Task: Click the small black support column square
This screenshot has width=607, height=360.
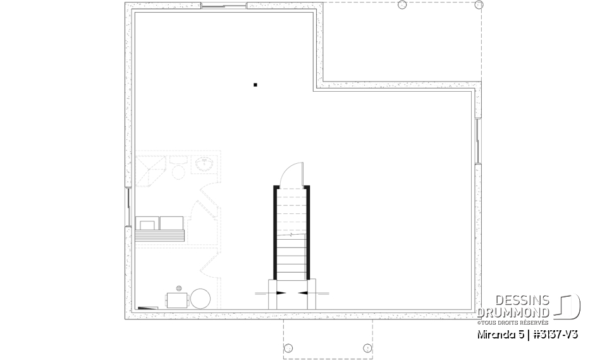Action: tap(255, 84)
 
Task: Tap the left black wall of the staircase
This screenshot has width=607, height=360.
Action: tap(275, 232)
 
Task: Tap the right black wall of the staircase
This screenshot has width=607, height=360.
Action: tap(309, 232)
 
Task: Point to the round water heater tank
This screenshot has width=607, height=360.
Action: tap(201, 298)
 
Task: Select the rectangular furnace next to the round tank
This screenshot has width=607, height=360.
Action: tap(177, 299)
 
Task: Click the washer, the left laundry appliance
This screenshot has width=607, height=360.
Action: tap(147, 223)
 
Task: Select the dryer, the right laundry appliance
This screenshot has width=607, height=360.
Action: tap(171, 223)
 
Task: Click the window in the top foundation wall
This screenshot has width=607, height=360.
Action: tap(223, 7)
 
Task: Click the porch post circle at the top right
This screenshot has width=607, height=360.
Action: tap(402, 5)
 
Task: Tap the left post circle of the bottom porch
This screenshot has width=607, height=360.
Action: tap(289, 348)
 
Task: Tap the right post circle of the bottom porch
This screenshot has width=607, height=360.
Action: tap(367, 348)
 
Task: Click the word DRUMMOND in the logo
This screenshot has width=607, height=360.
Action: tap(513, 313)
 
